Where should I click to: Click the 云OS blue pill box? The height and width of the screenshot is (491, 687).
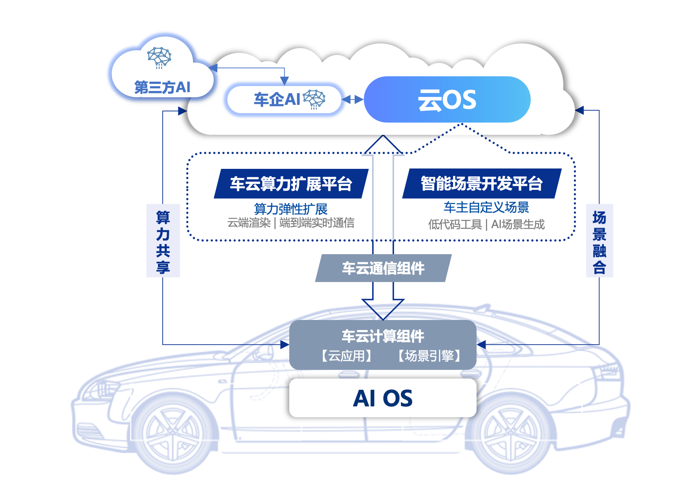[447, 99]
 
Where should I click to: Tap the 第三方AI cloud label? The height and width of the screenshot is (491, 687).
[162, 87]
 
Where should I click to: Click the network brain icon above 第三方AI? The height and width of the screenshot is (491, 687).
[159, 57]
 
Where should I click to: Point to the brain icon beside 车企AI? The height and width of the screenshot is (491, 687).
[314, 99]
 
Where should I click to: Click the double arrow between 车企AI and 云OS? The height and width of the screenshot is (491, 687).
[353, 99]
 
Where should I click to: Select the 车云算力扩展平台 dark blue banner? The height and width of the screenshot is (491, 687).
[291, 184]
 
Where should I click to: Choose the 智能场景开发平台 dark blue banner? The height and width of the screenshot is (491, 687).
[482, 184]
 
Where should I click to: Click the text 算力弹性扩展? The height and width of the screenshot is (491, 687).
[291, 209]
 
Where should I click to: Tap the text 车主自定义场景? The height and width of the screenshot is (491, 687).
[486, 207]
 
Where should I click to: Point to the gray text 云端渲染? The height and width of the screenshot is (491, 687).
[249, 223]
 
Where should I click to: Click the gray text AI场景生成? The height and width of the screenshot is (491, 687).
[517, 225]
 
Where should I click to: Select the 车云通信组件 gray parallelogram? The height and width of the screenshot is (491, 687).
[383, 268]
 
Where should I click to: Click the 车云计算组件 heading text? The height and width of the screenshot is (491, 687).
[383, 336]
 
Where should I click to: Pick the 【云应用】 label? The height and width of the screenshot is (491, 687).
[346, 356]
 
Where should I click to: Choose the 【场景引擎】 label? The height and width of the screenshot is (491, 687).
[429, 356]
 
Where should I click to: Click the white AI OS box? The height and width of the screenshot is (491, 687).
[383, 398]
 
